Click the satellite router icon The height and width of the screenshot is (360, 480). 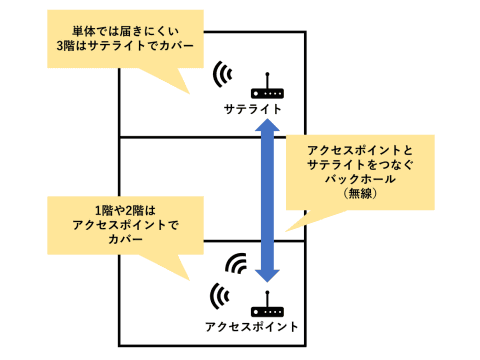(265, 87)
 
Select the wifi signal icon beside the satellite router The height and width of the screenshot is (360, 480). (223, 74)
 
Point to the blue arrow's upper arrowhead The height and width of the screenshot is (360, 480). (267, 127)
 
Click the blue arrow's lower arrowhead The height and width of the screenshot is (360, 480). (267, 272)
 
